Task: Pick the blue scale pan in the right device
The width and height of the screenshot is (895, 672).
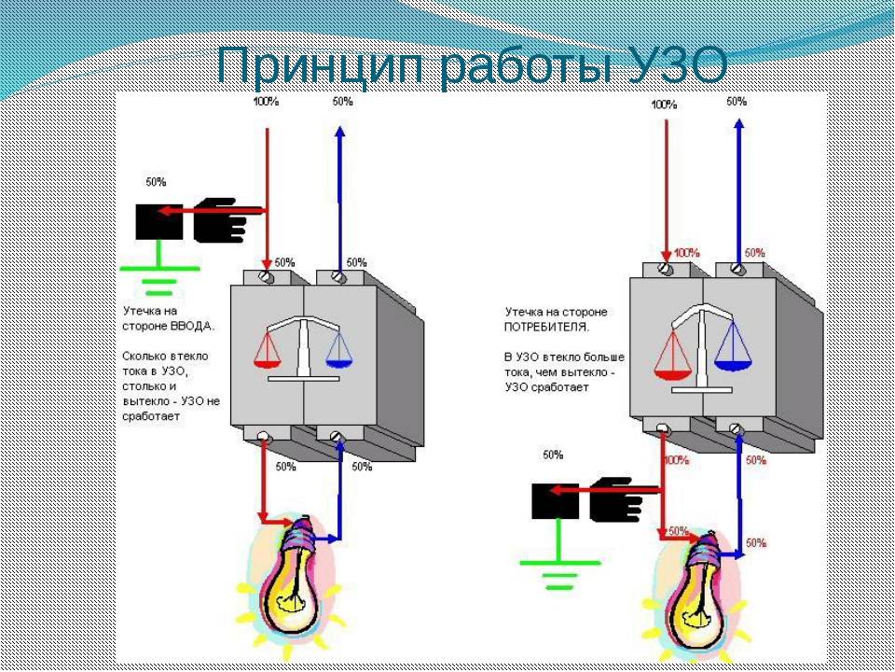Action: [734, 353]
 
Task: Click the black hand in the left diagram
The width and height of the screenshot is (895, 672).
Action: [222, 219]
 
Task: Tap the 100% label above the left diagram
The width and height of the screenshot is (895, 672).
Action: [266, 103]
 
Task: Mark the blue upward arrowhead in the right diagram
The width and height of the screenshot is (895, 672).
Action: [739, 126]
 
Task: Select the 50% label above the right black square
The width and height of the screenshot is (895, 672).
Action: [553, 455]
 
